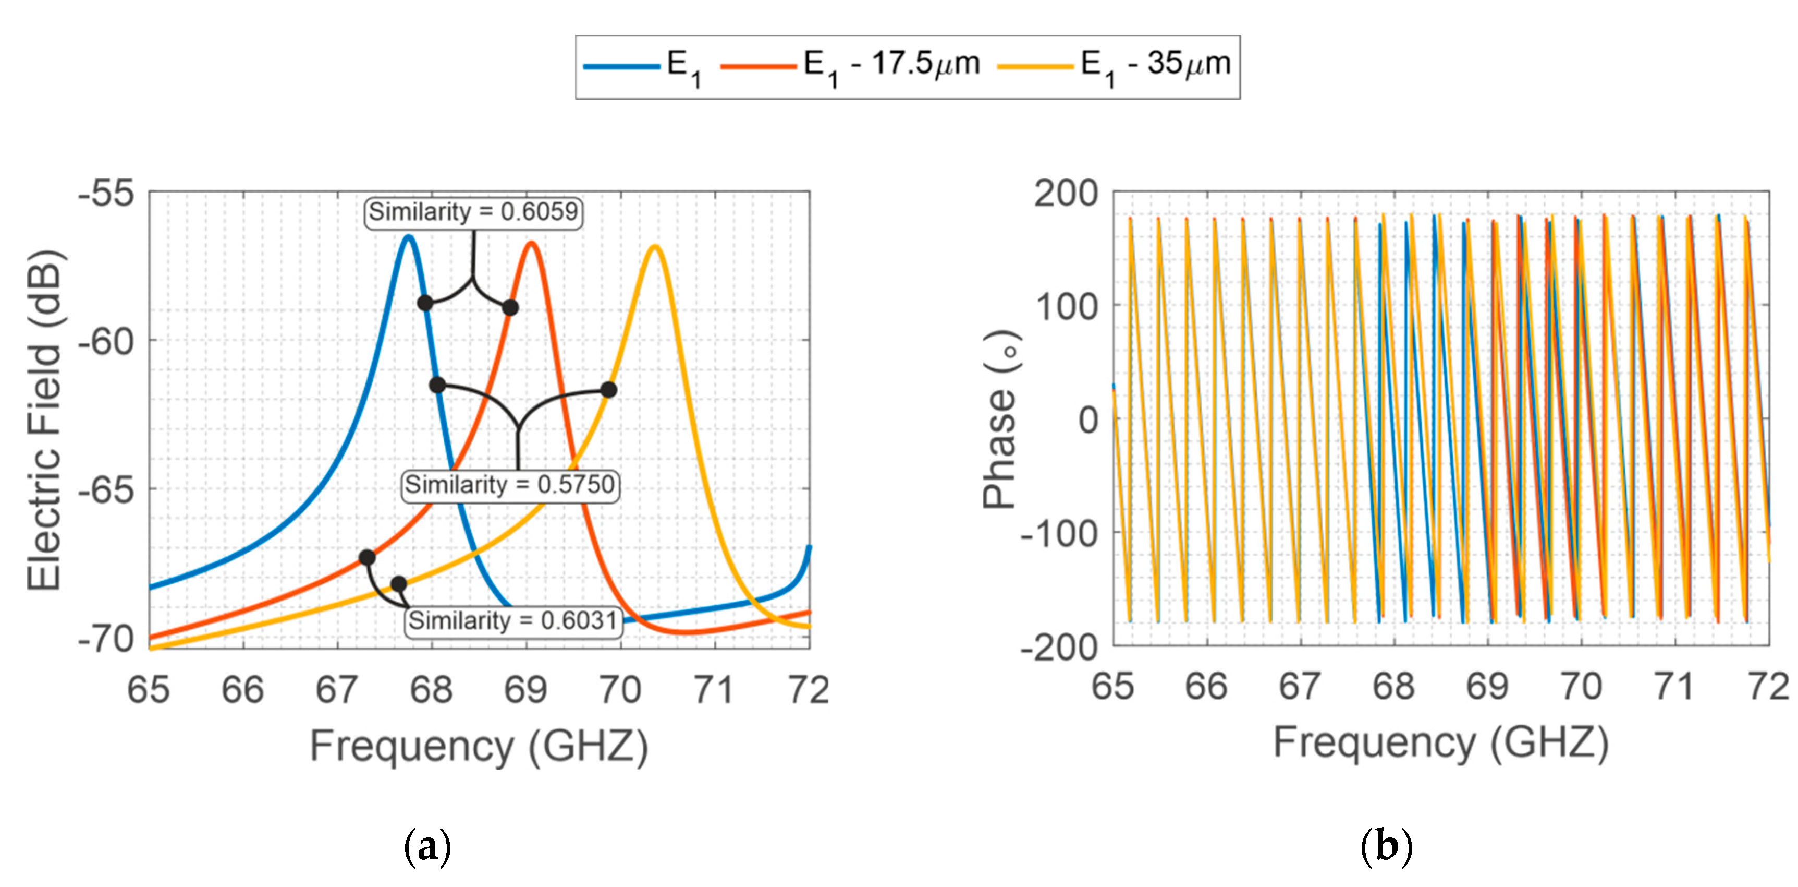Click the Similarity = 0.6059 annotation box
473,212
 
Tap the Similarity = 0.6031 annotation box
513,620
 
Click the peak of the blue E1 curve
408,237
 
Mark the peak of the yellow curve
654,247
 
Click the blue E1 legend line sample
621,66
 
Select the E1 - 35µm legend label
1155,64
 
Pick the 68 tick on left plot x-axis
431,690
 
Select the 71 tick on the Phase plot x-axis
1674,687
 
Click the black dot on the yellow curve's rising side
609,390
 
